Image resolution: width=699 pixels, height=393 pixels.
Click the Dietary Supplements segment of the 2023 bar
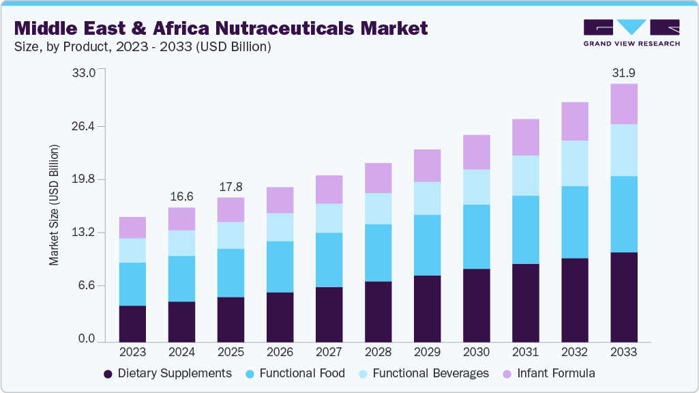click(132, 323)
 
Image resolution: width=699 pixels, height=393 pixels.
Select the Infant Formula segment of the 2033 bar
click(623, 104)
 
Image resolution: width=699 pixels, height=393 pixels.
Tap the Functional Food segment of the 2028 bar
click(378, 252)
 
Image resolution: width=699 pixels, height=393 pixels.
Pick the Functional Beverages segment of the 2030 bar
click(476, 186)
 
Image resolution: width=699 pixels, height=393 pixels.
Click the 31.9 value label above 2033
click(623, 72)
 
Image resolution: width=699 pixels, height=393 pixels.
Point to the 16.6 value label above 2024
click(181, 196)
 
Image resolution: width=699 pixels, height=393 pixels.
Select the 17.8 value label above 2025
click(230, 186)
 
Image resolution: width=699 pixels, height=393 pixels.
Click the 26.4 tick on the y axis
click(85, 126)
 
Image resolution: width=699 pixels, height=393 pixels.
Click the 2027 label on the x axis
click(329, 353)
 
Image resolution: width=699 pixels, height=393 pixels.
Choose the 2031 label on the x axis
click(525, 353)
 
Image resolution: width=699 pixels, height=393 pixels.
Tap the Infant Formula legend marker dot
click(507, 374)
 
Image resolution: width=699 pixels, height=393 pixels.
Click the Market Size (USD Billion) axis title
click(54, 205)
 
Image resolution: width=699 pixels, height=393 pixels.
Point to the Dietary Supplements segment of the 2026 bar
click(280, 317)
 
